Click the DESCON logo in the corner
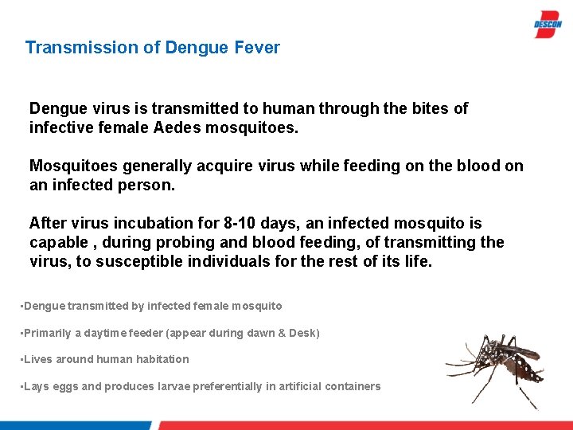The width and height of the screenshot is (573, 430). (x=548, y=24)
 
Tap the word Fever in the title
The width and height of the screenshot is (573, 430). (x=257, y=48)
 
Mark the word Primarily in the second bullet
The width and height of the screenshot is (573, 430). (x=48, y=333)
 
